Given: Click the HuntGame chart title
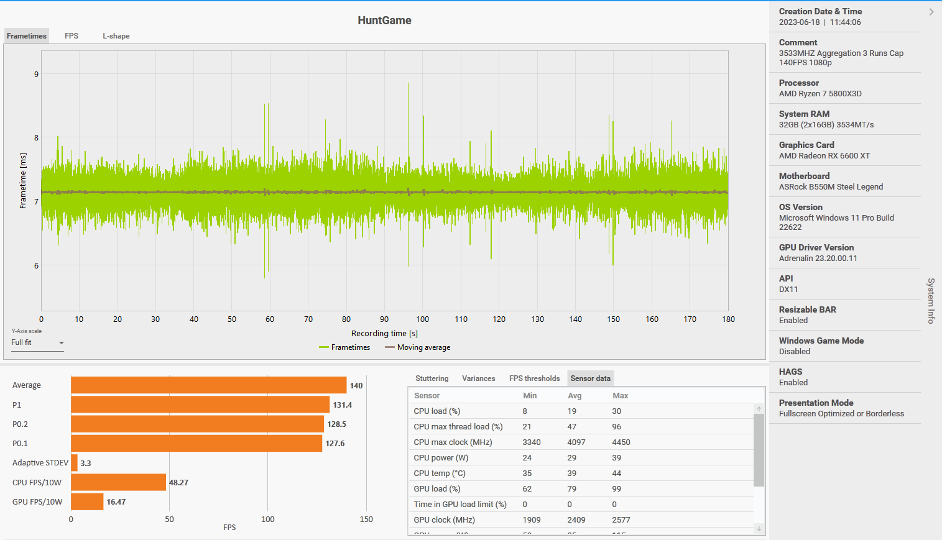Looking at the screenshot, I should [x=384, y=21].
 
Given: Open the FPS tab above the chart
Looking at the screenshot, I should [x=72, y=36].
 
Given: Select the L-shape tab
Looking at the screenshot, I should [x=116, y=36].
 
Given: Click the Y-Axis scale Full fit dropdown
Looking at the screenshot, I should [x=37, y=343].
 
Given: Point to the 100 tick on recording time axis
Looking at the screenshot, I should [x=423, y=319].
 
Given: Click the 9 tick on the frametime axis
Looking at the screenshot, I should [x=36, y=75].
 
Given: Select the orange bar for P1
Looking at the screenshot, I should [x=200, y=405].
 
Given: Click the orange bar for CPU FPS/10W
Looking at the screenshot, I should [x=118, y=482].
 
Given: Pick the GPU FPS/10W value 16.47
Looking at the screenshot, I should [x=116, y=502].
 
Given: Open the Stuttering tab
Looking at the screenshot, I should [x=432, y=378].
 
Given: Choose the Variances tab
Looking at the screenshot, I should [x=478, y=378].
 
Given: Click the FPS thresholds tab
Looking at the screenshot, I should [x=534, y=378].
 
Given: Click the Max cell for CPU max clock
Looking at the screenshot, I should [x=621, y=442].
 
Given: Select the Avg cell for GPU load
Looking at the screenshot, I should [x=572, y=489].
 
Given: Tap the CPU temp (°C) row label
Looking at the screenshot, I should [x=440, y=474].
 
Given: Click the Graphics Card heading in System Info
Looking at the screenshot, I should [x=806, y=145].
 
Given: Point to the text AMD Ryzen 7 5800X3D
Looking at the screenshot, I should [x=820, y=94].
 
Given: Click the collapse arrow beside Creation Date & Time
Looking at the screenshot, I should [x=931, y=12].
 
